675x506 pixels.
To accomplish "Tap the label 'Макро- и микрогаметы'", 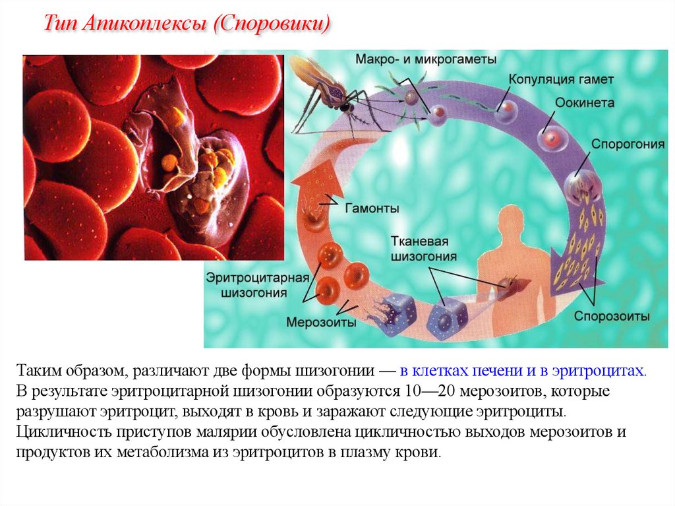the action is click(x=426, y=59).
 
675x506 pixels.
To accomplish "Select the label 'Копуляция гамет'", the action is click(x=561, y=79).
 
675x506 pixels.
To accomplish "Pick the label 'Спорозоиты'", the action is click(x=612, y=316).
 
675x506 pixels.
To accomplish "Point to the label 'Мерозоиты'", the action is click(x=321, y=323).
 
